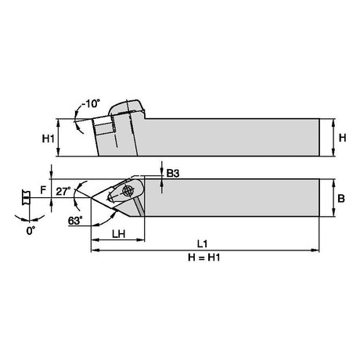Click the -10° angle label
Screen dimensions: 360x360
[x=91, y=103]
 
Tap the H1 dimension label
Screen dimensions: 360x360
[x=49, y=139]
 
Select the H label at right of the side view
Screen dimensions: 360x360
[x=342, y=138]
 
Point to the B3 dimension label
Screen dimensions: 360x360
[x=173, y=173]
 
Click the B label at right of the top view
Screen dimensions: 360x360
[x=341, y=199]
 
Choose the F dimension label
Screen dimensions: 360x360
[x=43, y=190]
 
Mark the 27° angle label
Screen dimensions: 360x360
[x=63, y=191]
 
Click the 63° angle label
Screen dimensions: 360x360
[x=75, y=221]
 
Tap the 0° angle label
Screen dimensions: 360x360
[x=31, y=231]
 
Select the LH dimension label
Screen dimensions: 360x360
[x=119, y=234]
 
